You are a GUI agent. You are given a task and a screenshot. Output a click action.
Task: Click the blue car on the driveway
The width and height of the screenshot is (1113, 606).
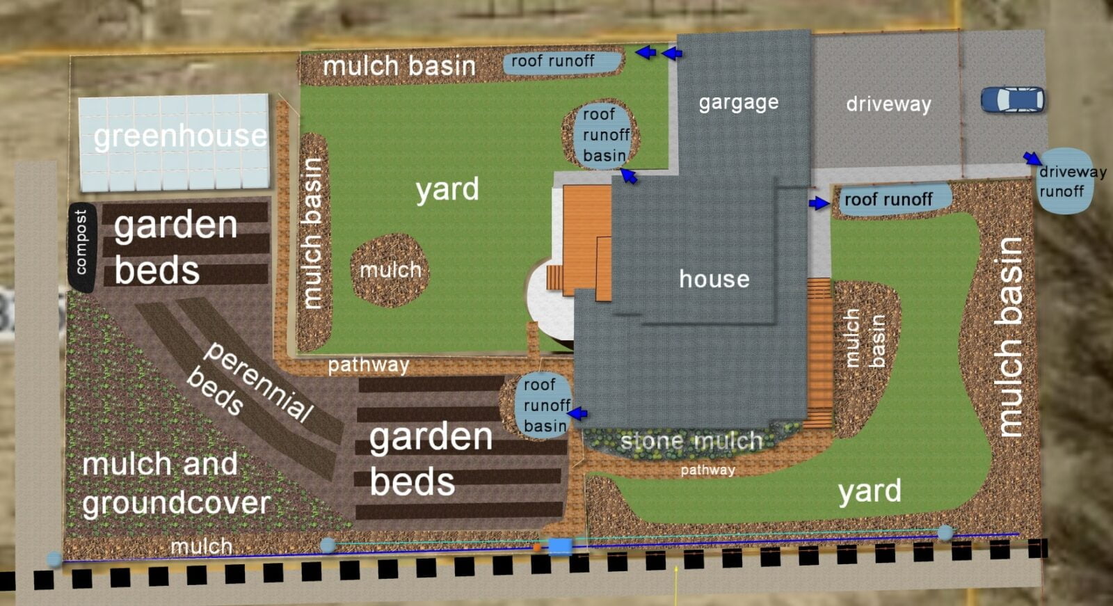1013,99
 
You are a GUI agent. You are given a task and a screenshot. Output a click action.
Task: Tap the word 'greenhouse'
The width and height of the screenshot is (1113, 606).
179,136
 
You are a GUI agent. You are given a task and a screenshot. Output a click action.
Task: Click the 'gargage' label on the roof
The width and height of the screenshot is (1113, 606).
738,103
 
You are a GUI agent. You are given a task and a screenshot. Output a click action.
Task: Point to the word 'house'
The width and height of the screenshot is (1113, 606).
714,279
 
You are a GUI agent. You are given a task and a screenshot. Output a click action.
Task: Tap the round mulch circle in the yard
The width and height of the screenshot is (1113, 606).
390,270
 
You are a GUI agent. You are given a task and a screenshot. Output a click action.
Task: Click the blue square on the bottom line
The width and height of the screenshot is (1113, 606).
560,546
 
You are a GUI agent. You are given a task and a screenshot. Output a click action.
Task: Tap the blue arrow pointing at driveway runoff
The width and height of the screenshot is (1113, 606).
1032,159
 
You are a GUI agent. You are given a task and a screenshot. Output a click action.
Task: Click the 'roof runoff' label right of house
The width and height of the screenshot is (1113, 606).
888,200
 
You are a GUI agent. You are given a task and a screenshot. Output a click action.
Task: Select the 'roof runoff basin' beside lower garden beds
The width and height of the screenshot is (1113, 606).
545,405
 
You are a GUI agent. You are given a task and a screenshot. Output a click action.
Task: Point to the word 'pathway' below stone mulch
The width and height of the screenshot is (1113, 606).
707,470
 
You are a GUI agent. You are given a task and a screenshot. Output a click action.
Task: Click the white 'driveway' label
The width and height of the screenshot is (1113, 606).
888,104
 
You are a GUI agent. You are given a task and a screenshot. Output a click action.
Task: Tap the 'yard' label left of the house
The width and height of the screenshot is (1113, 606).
447,189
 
